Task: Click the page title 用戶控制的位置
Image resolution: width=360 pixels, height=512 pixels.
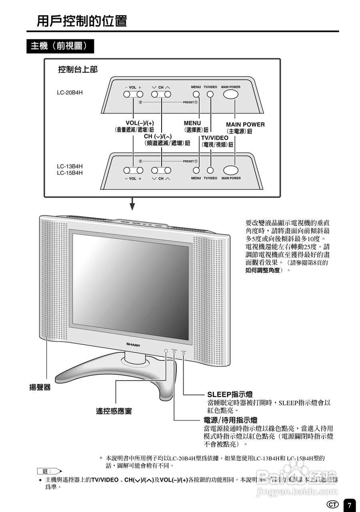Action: point(82,20)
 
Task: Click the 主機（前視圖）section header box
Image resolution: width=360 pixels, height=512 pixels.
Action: point(60,46)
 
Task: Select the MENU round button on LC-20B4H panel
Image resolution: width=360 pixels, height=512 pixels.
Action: point(196,94)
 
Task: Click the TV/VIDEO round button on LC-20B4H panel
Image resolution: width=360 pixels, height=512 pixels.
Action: point(210,94)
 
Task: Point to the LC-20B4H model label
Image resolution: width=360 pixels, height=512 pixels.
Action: point(70,93)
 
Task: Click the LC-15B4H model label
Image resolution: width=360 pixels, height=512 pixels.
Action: point(70,173)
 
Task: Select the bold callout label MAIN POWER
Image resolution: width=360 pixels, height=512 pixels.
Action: point(245,124)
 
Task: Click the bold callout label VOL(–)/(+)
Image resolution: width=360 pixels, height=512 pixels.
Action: point(140,122)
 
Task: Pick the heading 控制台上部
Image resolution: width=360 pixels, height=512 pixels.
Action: point(78,70)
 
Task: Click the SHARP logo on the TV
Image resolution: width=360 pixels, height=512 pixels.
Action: point(133,344)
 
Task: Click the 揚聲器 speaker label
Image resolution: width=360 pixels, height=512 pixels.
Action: point(40,387)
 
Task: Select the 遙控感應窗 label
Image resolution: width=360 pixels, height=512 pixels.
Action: point(114,411)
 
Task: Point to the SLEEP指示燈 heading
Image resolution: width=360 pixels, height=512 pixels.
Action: point(230,394)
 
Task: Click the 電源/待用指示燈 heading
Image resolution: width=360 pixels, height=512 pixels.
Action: point(230,420)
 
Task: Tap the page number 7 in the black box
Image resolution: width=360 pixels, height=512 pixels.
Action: point(349,505)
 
